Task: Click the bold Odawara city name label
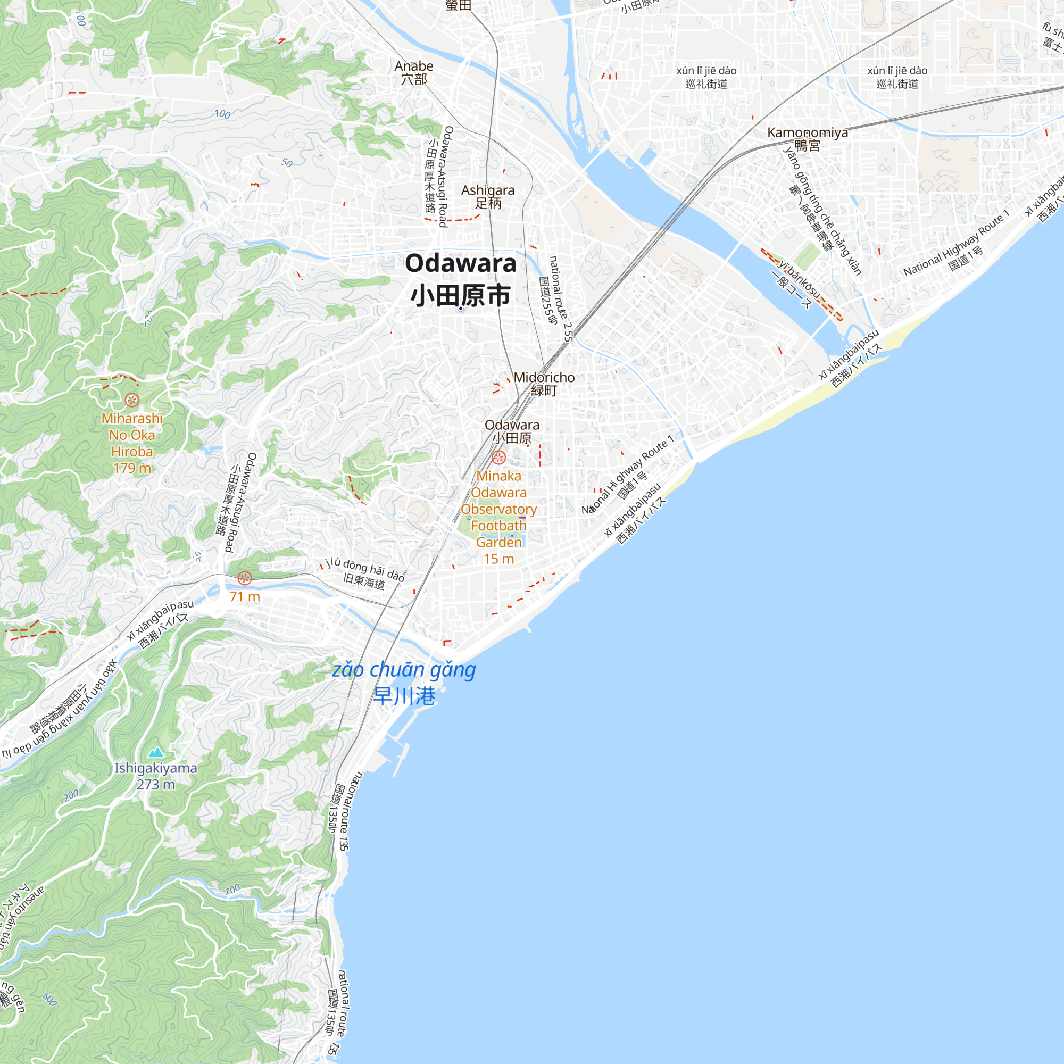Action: [x=460, y=263]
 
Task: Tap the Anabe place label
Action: [x=413, y=66]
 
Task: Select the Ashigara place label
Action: [x=487, y=190]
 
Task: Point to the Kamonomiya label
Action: [x=808, y=132]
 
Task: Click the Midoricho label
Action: [x=544, y=378]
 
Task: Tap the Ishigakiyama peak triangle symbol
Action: [x=156, y=752]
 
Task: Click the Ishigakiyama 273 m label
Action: [x=155, y=776]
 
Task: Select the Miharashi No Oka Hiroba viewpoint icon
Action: [x=131, y=400]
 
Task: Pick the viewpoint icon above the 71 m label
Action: [x=245, y=578]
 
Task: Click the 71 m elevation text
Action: [x=245, y=596]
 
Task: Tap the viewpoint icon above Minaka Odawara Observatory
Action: [x=498, y=457]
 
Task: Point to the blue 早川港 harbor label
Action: [x=404, y=696]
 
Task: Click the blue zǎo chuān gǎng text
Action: [x=404, y=670]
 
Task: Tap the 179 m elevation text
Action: [x=131, y=468]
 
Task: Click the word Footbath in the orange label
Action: [x=498, y=526]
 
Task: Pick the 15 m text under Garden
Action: [x=498, y=559]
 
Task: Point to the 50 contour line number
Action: [x=287, y=163]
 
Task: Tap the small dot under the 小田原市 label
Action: [x=460, y=309]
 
